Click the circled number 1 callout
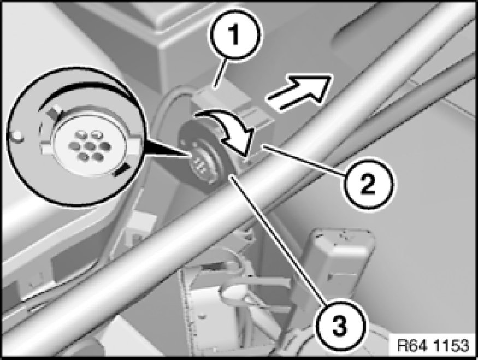235,34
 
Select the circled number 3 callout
339,326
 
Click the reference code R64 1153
432,345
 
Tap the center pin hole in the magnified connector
90,146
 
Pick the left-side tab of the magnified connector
46,149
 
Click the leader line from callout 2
305,161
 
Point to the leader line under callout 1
220,74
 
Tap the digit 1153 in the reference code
451,345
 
